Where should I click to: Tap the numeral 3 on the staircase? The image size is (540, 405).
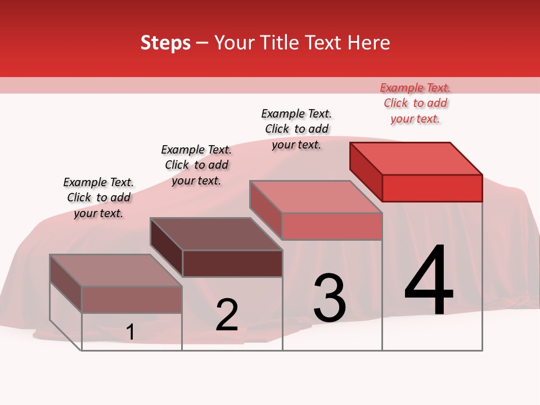(330, 298)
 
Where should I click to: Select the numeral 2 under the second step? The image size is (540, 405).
(227, 314)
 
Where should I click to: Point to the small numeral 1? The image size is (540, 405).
(130, 332)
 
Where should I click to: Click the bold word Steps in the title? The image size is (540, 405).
(165, 42)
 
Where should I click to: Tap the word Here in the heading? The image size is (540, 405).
(369, 42)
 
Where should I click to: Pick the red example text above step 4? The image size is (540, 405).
(415, 103)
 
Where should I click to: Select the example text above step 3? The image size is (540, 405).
(296, 129)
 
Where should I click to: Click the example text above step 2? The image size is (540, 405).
(196, 165)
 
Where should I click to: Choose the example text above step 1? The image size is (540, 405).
(98, 197)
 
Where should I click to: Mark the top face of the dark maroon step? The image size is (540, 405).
(217, 234)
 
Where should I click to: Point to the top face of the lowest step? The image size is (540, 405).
(116, 271)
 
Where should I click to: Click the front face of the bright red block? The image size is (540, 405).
(432, 188)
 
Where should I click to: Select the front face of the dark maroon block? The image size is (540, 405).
(232, 263)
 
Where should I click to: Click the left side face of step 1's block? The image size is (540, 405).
(66, 283)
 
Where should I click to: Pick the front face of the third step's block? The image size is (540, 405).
(332, 226)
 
